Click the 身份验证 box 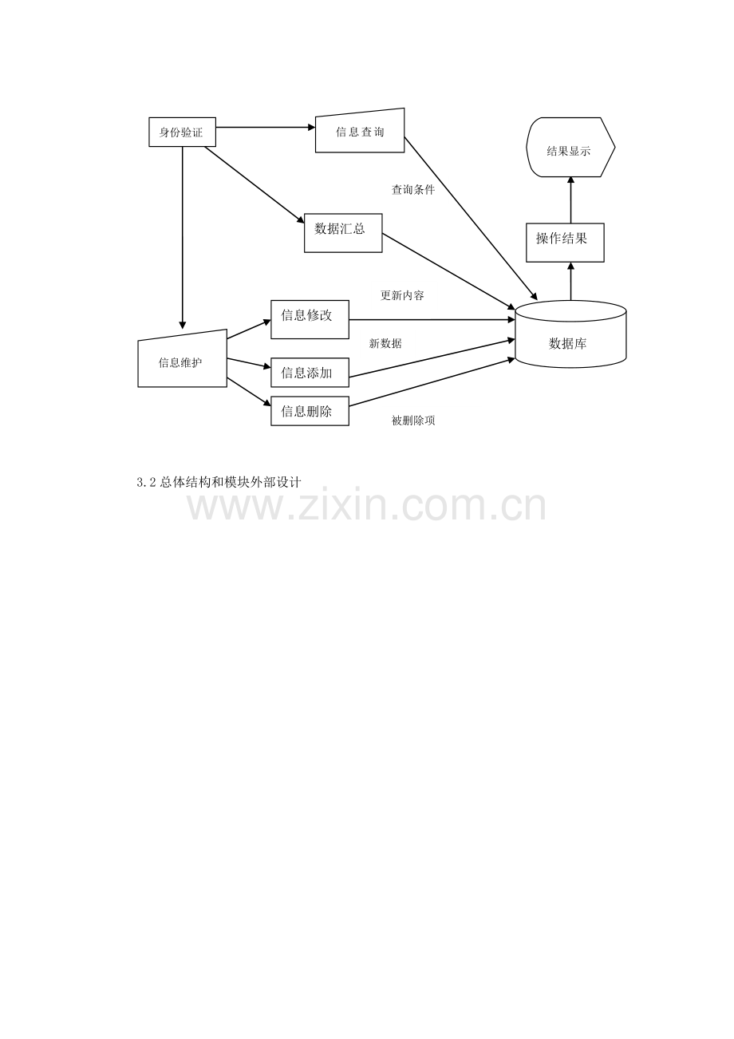[182, 132]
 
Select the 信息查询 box [360, 131]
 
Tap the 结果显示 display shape [570, 147]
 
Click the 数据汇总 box [343, 233]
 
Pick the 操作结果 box [565, 243]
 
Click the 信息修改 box [310, 319]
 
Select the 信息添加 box [310, 373]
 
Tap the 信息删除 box [310, 411]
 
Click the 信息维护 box [182, 359]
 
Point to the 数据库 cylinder [570, 334]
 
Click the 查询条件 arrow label [413, 190]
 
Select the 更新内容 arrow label [402, 295]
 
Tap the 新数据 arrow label [385, 343]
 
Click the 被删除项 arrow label [413, 421]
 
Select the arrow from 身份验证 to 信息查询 [266, 127]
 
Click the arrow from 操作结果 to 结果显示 [570, 200]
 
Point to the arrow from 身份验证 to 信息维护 [182, 238]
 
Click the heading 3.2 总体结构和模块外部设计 [219, 483]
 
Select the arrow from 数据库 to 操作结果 [570, 281]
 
